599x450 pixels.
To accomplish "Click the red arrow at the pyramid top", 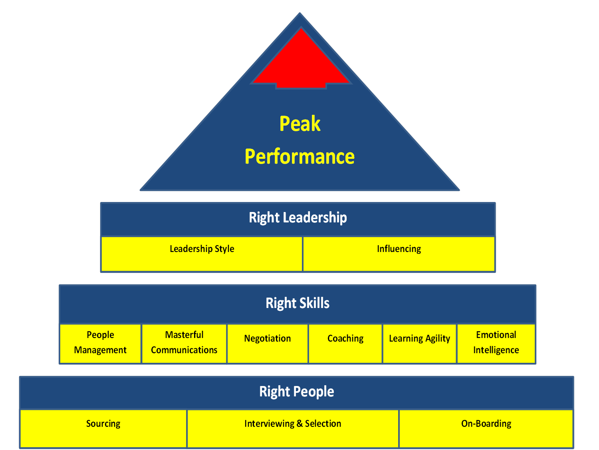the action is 301,64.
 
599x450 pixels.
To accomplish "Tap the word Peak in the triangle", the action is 300,124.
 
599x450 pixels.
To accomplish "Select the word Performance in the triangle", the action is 299,156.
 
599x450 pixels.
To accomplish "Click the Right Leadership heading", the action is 298,218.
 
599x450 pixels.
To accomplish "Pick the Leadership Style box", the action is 202,254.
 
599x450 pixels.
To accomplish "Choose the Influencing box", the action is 399,254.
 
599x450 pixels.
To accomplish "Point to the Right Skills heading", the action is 298,303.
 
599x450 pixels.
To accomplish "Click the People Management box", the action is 100,343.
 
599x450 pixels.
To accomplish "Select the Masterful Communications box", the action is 184,343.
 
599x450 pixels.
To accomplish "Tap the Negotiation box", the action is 268,343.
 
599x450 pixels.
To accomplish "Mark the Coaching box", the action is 345,343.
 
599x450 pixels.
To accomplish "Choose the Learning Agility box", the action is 419,343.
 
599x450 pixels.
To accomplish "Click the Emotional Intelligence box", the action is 496,343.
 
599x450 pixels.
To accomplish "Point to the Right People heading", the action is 297,392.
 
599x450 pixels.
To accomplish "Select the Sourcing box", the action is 103,428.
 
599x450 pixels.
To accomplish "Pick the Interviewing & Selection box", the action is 293,428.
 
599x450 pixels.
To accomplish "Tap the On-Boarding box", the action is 486,428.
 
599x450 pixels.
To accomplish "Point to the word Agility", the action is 438,339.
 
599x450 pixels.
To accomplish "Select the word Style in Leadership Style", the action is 224,249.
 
